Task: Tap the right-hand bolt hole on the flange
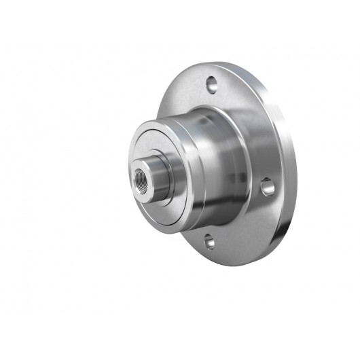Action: pyautogui.click(x=268, y=185)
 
